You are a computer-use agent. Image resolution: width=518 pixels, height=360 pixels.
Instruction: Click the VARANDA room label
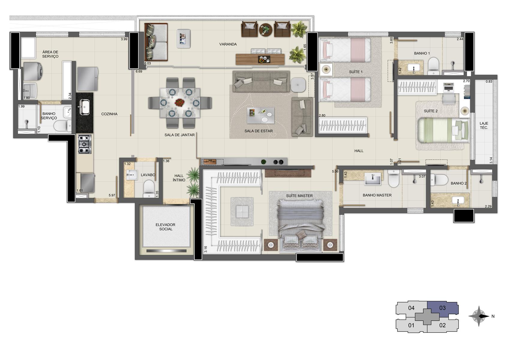click(x=228, y=44)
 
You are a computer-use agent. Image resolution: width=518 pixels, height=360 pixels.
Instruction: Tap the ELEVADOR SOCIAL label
click(x=166, y=227)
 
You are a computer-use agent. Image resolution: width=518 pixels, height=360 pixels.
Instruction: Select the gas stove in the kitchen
click(x=85, y=144)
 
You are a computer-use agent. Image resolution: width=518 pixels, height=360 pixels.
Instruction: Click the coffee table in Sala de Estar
click(x=260, y=115)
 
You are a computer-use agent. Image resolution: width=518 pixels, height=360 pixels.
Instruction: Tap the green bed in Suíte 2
click(x=444, y=130)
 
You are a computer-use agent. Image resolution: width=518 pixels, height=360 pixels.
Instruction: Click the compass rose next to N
click(x=479, y=316)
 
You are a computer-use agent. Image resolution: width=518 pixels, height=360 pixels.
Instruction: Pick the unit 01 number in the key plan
click(x=411, y=325)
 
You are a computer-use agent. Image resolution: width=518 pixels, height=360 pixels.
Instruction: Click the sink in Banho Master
click(x=373, y=179)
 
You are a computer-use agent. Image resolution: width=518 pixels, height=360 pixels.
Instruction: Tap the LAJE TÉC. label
click(x=484, y=125)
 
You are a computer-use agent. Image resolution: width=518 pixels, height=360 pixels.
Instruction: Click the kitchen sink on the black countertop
click(x=84, y=107)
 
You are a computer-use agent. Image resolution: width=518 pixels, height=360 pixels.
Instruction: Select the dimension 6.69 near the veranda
click(x=139, y=71)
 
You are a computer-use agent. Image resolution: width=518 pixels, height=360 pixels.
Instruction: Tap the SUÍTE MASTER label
click(x=299, y=196)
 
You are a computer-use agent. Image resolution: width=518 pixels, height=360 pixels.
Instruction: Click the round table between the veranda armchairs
click(x=265, y=30)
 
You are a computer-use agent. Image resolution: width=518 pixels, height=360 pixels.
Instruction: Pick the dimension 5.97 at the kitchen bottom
click(x=112, y=195)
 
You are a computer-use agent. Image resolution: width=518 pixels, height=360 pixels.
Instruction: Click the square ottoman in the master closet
click(x=242, y=211)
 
